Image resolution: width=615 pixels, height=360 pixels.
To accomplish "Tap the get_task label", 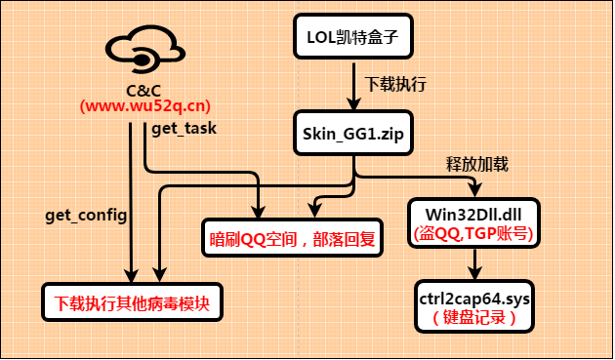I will click(x=184, y=128).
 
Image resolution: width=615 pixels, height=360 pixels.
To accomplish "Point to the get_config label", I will click(x=85, y=214).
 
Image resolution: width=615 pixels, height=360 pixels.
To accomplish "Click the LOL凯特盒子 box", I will click(x=351, y=40).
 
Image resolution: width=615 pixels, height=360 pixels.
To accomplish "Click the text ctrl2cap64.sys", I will click(x=474, y=297).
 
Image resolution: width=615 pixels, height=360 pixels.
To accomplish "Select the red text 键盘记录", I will click(x=474, y=318).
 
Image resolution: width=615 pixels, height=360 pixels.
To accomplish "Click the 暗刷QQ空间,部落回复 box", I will click(x=296, y=237).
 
